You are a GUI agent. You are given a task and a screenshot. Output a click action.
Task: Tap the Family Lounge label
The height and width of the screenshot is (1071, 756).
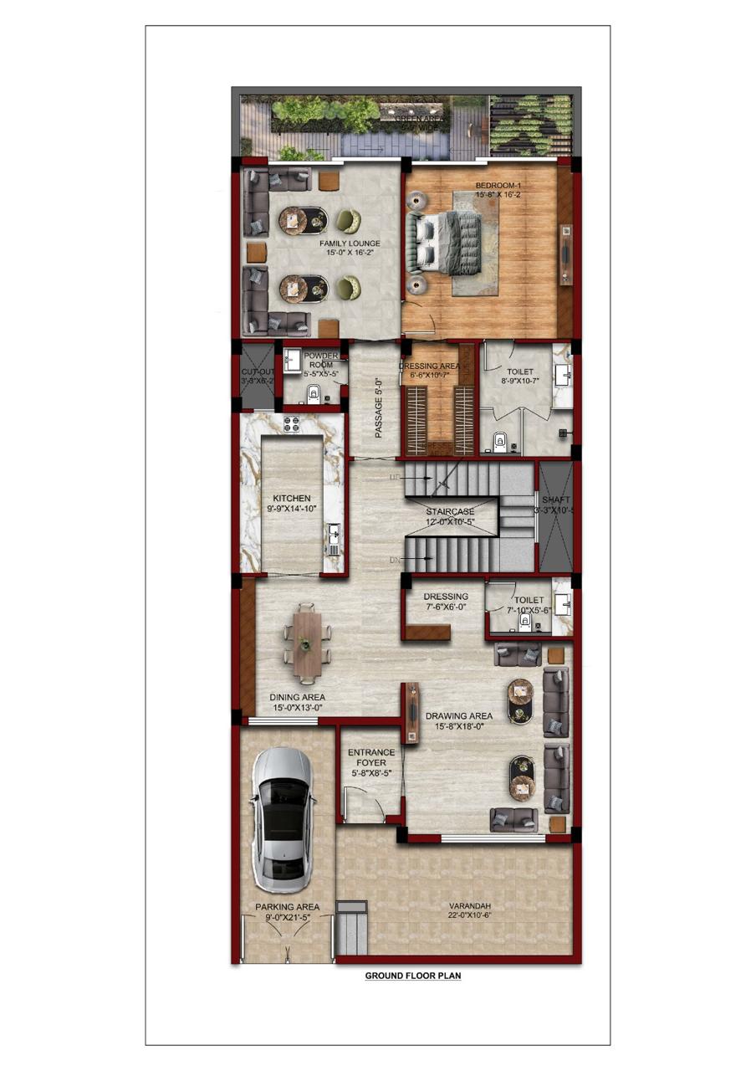click(x=350, y=243)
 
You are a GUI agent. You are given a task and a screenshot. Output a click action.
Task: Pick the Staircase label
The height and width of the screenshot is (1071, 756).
click(x=450, y=511)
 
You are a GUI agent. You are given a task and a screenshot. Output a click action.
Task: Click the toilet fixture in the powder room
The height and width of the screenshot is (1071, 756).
click(x=314, y=394)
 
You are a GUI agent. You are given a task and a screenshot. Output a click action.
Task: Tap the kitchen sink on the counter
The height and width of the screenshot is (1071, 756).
click(x=335, y=532)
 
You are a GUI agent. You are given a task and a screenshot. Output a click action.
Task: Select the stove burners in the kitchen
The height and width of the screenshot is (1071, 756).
click(x=292, y=424)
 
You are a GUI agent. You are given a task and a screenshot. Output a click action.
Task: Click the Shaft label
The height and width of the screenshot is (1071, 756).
click(x=555, y=500)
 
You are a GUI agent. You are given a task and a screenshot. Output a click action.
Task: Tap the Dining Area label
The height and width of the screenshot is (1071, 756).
click(x=297, y=697)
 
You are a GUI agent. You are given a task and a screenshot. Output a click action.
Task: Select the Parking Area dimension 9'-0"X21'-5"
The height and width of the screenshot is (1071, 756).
click(x=287, y=918)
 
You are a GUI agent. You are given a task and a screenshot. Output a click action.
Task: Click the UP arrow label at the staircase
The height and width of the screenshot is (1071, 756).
click(x=396, y=477)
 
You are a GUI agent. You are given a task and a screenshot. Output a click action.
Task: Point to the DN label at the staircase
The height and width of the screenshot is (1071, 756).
click(x=395, y=560)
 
